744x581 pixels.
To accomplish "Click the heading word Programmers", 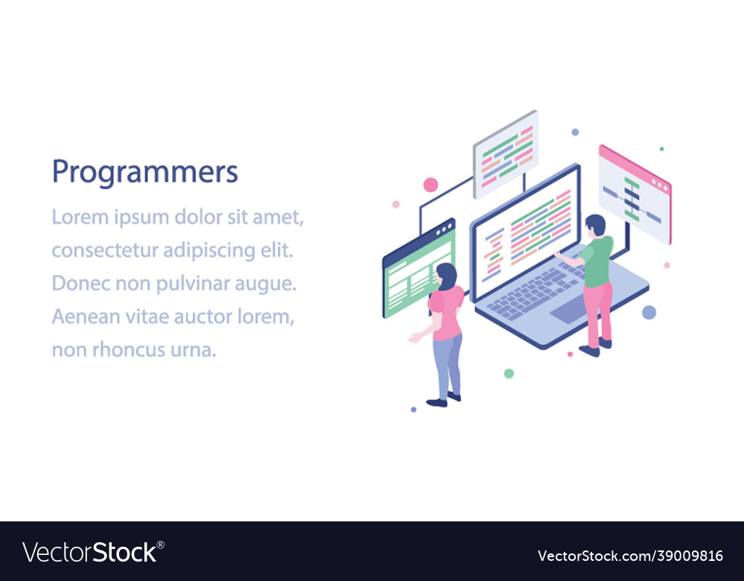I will pos(144,173).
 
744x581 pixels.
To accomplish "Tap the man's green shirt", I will pos(597,261).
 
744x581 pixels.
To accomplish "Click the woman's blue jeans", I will pos(447,365).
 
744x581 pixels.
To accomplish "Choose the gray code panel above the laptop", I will pos(506,154).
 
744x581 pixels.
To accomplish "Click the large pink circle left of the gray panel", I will pos(431,185).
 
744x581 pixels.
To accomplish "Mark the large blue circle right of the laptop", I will pos(649,312).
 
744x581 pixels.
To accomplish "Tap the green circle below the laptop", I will pos(509,373).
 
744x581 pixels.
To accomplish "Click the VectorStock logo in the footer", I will pos(93,553).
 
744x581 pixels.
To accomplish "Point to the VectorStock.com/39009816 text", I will pos(630,556).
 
